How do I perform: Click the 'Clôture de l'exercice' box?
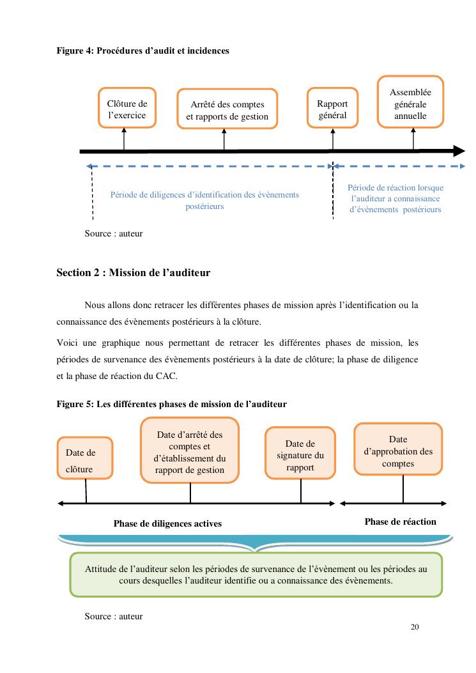point(127,109)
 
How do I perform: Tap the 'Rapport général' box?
point(332,109)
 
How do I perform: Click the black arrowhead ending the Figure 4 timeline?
point(459,151)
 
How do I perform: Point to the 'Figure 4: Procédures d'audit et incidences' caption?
point(142,50)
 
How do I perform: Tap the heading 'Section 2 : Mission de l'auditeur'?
point(133,273)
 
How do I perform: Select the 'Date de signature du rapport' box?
point(300,455)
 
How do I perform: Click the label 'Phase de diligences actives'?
point(167,523)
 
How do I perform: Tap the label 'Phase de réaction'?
point(400,522)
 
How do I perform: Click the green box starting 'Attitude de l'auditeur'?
point(256,575)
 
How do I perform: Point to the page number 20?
point(415,626)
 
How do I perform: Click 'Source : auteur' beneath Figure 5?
point(114,616)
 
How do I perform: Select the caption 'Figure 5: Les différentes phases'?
point(171,404)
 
